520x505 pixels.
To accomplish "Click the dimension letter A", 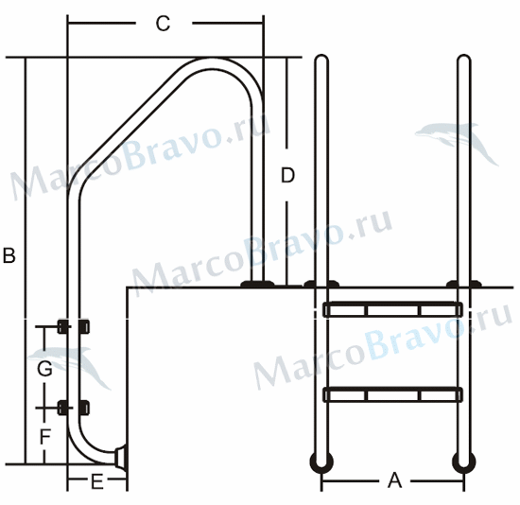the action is [394, 479].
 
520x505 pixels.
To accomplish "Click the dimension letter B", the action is [9, 255].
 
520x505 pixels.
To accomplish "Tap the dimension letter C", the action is [164, 24].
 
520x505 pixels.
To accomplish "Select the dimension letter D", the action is [287, 175].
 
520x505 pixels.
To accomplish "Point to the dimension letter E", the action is [97, 481].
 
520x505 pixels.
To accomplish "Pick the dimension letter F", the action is [45, 436].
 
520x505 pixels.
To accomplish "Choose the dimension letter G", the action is [44, 368].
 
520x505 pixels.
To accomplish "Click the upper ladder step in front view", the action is [392, 310].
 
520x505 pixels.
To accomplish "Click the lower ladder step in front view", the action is [392, 395].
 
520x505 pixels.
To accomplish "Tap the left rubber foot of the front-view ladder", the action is [321, 462].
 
